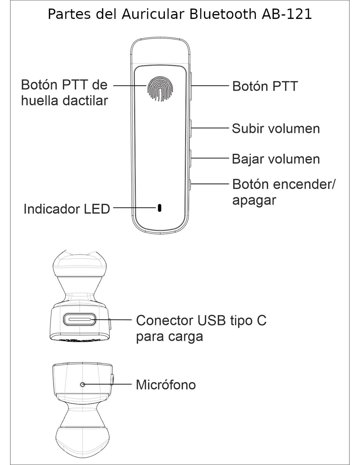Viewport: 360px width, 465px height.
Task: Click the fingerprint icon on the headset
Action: tap(160, 88)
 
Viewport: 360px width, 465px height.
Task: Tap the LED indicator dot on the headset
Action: tap(159, 208)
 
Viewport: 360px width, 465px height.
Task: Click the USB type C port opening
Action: tap(80, 319)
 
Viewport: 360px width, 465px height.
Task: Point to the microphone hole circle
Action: tap(82, 384)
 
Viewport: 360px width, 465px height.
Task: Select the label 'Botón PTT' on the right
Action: tap(265, 86)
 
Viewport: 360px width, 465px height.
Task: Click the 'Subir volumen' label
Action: tap(276, 129)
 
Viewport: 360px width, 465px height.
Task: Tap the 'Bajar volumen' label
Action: tap(276, 159)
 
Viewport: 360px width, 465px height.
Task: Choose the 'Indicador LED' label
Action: tap(66, 209)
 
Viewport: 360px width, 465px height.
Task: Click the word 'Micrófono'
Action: tap(166, 385)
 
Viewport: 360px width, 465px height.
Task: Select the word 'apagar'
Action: tap(254, 200)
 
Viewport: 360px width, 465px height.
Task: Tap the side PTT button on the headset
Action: tap(190, 86)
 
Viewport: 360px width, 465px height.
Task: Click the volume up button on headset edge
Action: tap(190, 128)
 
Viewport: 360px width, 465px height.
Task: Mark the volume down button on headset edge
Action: tap(190, 158)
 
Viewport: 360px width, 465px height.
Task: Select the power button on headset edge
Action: tap(190, 184)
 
